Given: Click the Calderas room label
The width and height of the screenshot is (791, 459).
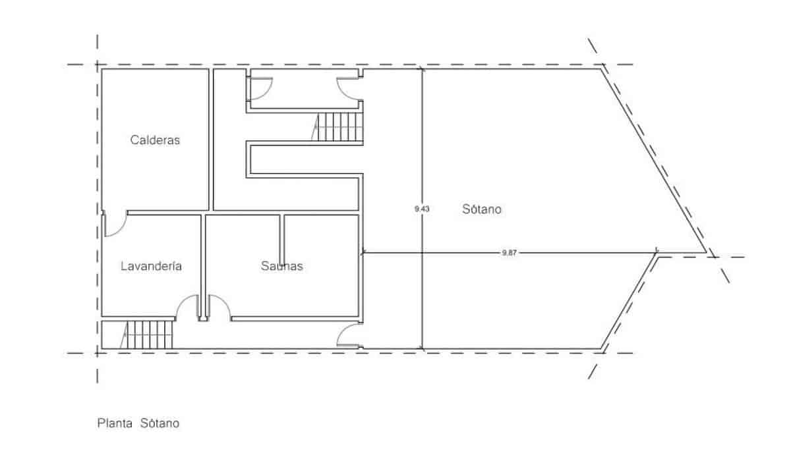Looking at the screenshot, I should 155,140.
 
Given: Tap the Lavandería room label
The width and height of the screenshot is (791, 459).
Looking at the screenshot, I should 151,267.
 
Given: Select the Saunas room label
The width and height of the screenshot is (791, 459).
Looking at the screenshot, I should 281,267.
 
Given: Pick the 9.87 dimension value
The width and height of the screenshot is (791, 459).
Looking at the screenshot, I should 509,252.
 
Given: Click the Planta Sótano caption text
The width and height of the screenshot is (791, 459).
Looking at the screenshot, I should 138,423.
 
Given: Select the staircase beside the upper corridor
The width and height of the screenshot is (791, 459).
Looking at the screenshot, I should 339,126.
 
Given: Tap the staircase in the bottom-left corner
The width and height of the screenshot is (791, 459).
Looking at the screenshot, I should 149,335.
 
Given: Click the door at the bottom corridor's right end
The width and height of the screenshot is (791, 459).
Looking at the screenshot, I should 349,337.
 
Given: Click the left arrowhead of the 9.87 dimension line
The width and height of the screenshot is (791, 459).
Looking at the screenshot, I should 364,252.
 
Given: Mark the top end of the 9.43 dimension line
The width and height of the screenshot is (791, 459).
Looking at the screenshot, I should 422,68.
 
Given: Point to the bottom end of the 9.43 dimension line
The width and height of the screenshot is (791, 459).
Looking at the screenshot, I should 422,349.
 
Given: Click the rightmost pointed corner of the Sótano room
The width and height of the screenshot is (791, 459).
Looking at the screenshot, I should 707,253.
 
